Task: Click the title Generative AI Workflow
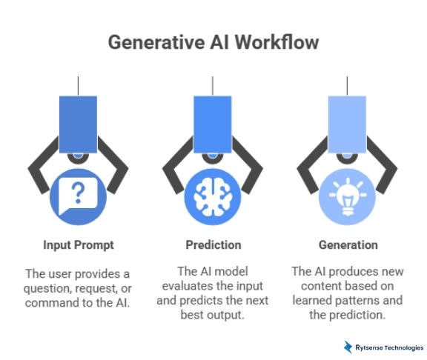[213, 41]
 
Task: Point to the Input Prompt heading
[78, 244]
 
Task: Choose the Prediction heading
[213, 244]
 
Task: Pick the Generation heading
[348, 244]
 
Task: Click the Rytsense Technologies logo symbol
[347, 347]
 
